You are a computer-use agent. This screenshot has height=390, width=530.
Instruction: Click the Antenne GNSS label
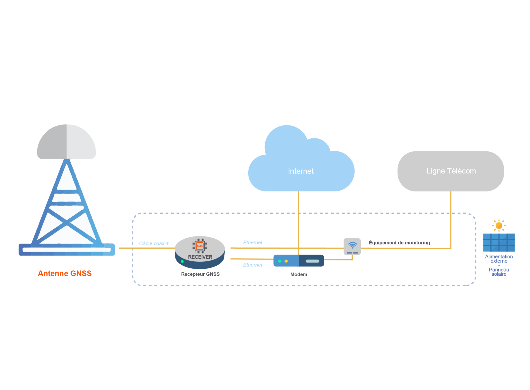pyautogui.click(x=65, y=273)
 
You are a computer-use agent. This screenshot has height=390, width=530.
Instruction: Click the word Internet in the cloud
pyautogui.click(x=301, y=171)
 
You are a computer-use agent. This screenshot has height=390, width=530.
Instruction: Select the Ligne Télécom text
pyautogui.click(x=451, y=171)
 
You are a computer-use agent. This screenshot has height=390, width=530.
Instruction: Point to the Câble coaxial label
pyautogui.click(x=154, y=243)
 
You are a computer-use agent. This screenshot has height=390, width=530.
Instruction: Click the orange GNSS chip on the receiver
pyautogui.click(x=200, y=246)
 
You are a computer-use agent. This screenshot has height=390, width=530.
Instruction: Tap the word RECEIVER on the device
pyautogui.click(x=200, y=257)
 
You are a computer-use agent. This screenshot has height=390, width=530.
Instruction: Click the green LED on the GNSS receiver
pyautogui.click(x=182, y=262)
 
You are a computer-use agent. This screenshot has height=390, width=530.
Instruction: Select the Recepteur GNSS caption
pyautogui.click(x=200, y=274)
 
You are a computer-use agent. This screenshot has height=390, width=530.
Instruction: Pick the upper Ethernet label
pyautogui.click(x=253, y=243)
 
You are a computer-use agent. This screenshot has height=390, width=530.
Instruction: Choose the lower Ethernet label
pyautogui.click(x=253, y=265)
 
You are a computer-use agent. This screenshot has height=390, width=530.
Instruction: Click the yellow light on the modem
pyautogui.click(x=286, y=261)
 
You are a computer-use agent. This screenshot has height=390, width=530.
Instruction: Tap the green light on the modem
pyautogui.click(x=280, y=261)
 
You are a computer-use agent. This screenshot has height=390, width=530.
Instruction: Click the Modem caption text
pyautogui.click(x=299, y=274)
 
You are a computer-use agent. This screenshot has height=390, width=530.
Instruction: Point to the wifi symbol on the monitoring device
pyautogui.click(x=352, y=245)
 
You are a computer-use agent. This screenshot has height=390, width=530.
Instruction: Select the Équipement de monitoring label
pyautogui.click(x=399, y=243)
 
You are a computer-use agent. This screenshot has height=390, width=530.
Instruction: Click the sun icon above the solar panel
pyautogui.click(x=499, y=226)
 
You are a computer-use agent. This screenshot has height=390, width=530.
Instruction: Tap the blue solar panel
pyautogui.click(x=499, y=242)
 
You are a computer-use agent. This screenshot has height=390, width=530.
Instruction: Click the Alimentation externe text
pyautogui.click(x=499, y=259)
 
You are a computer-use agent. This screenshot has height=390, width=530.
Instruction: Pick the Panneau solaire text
pyautogui.click(x=499, y=272)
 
